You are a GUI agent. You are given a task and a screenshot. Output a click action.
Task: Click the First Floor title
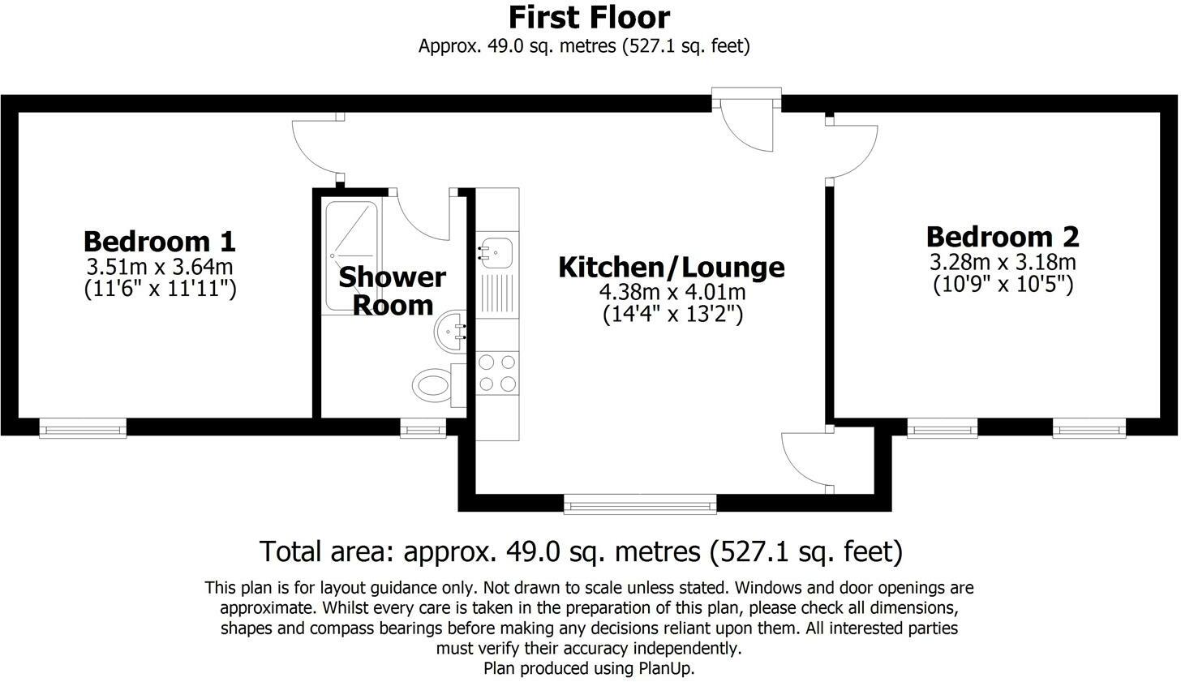point(589,17)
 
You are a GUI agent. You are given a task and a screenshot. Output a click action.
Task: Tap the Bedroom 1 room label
point(160,241)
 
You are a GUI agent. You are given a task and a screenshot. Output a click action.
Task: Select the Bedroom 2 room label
point(1003,237)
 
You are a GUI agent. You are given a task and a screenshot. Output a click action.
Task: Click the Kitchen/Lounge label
point(671,267)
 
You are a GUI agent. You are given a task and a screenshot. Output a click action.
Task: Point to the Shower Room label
point(393,290)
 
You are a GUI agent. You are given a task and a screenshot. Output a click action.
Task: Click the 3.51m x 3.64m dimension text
point(160,266)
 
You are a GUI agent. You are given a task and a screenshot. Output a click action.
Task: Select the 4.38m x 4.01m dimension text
point(671,292)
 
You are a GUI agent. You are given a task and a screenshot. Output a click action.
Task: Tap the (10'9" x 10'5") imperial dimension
point(1003,285)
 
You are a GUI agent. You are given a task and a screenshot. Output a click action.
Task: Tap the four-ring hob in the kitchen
point(497,373)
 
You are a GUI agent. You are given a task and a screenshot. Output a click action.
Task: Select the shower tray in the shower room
point(351,255)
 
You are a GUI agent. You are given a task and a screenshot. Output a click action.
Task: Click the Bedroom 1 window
point(83,428)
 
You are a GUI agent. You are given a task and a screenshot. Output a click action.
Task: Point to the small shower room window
point(423,428)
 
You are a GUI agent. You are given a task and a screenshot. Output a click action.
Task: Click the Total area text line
point(581,551)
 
